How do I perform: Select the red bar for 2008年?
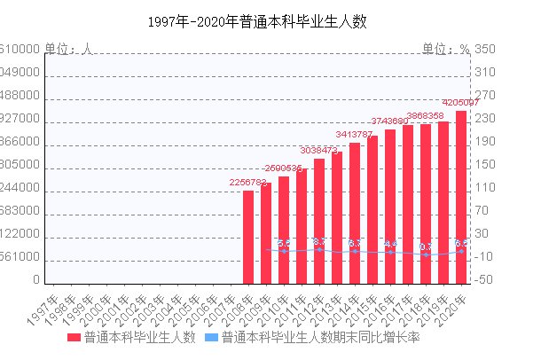click(x=248, y=237)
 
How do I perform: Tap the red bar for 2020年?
click(x=461, y=197)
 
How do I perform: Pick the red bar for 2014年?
click(x=355, y=213)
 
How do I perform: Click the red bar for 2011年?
click(x=302, y=226)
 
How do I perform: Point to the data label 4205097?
click(x=461, y=103)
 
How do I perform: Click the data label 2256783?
click(x=247, y=183)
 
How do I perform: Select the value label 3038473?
click(x=319, y=151)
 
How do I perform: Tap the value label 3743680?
click(x=390, y=121)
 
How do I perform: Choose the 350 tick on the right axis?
click(x=485, y=50)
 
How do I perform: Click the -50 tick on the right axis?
click(x=485, y=280)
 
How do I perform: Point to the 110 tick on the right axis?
click(x=485, y=188)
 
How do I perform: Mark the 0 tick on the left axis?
click(x=36, y=280)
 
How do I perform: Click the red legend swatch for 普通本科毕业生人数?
click(x=73, y=339)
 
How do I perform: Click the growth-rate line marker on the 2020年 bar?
click(x=461, y=251)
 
